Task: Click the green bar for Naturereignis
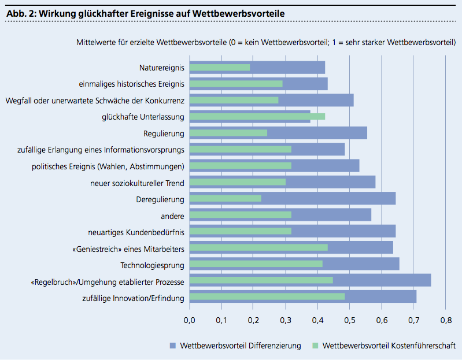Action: coord(220,68)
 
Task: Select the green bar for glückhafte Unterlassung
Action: coord(257,117)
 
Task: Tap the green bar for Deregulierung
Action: coord(226,198)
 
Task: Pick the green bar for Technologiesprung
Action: coord(256,263)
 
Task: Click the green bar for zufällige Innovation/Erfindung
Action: coord(267,296)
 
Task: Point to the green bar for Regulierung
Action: coord(228,133)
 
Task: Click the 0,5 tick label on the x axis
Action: coord(350,320)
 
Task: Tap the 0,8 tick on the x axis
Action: coord(446,320)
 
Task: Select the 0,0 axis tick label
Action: coord(190,320)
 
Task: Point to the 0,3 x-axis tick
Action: coord(286,320)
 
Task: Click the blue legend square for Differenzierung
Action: coord(173,346)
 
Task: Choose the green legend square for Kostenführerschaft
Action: coord(315,346)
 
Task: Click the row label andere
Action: coord(172,216)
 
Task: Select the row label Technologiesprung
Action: coord(152,265)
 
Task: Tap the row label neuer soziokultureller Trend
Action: coord(137,183)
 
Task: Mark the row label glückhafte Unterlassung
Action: coord(143,117)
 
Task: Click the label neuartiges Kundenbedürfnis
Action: coord(136,232)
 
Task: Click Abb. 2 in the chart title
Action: coord(21,13)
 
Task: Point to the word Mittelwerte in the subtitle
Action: coord(96,42)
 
